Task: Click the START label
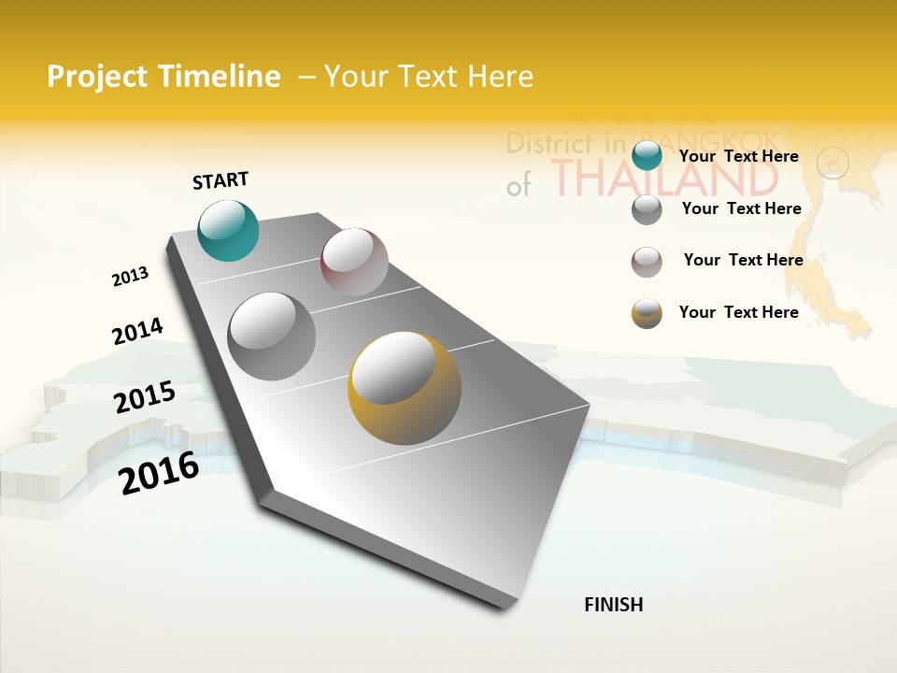221,180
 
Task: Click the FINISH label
613,605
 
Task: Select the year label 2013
130,277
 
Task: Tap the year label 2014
137,332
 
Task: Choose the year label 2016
160,472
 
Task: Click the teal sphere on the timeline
228,230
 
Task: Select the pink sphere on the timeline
354,262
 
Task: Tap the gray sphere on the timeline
271,336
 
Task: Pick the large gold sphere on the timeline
405,388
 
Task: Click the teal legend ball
647,155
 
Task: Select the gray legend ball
647,208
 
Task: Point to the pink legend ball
647,262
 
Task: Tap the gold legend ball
647,313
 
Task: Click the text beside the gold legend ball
738,312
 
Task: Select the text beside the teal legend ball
738,156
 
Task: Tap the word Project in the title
96,78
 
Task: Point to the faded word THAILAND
663,177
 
